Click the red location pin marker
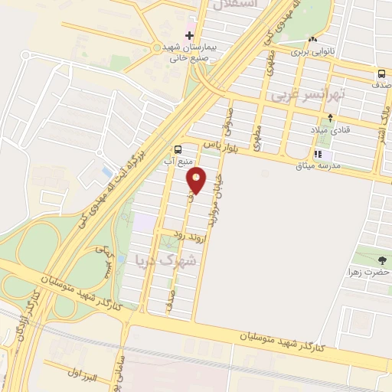click(x=197, y=181)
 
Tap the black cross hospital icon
click(x=189, y=35)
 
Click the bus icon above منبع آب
click(x=178, y=149)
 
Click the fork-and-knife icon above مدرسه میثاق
click(x=318, y=154)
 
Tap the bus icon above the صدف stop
click(x=381, y=73)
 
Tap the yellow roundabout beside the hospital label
click(x=157, y=47)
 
